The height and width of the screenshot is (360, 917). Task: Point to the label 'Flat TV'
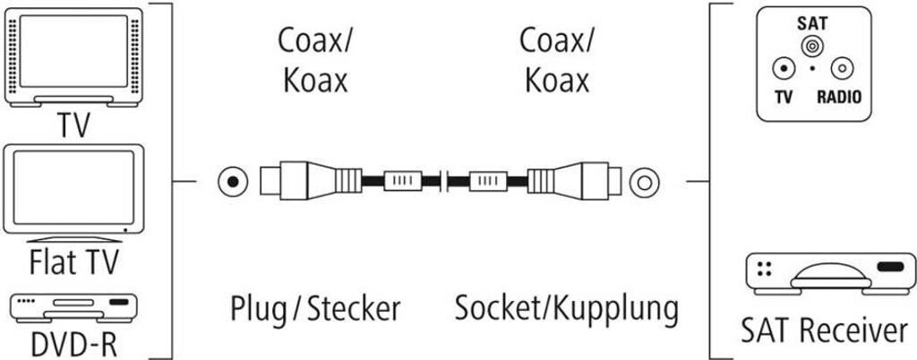click(74, 264)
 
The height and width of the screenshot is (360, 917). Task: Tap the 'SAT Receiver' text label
click(823, 330)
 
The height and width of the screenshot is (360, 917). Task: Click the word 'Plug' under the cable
click(259, 310)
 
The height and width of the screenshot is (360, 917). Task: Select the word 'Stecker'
click(352, 309)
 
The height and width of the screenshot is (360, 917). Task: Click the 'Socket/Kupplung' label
click(566, 309)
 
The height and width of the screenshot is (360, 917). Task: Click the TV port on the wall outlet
click(784, 68)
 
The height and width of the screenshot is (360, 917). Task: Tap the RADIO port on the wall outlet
click(841, 68)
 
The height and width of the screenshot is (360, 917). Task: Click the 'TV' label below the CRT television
click(74, 124)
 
